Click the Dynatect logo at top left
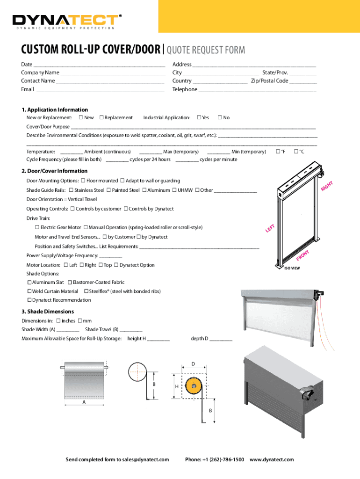[x=65, y=20]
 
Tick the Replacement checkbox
[x=101, y=117]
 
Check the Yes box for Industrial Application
[x=199, y=117]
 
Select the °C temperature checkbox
[x=296, y=152]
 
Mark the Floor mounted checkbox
[x=83, y=181]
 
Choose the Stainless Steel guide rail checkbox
[x=71, y=190]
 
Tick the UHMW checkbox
[x=174, y=190]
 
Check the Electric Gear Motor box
[x=37, y=227]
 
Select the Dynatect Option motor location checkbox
[x=116, y=265]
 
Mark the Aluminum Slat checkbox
[x=29, y=283]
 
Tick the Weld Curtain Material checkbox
[x=29, y=291]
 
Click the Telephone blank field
[x=257, y=90]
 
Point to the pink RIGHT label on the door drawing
[x=326, y=186]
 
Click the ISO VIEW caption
[x=292, y=269]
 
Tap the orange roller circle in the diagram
[x=193, y=386]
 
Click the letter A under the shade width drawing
[x=84, y=402]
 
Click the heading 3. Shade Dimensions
[x=48, y=312]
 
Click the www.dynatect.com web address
[x=272, y=460]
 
